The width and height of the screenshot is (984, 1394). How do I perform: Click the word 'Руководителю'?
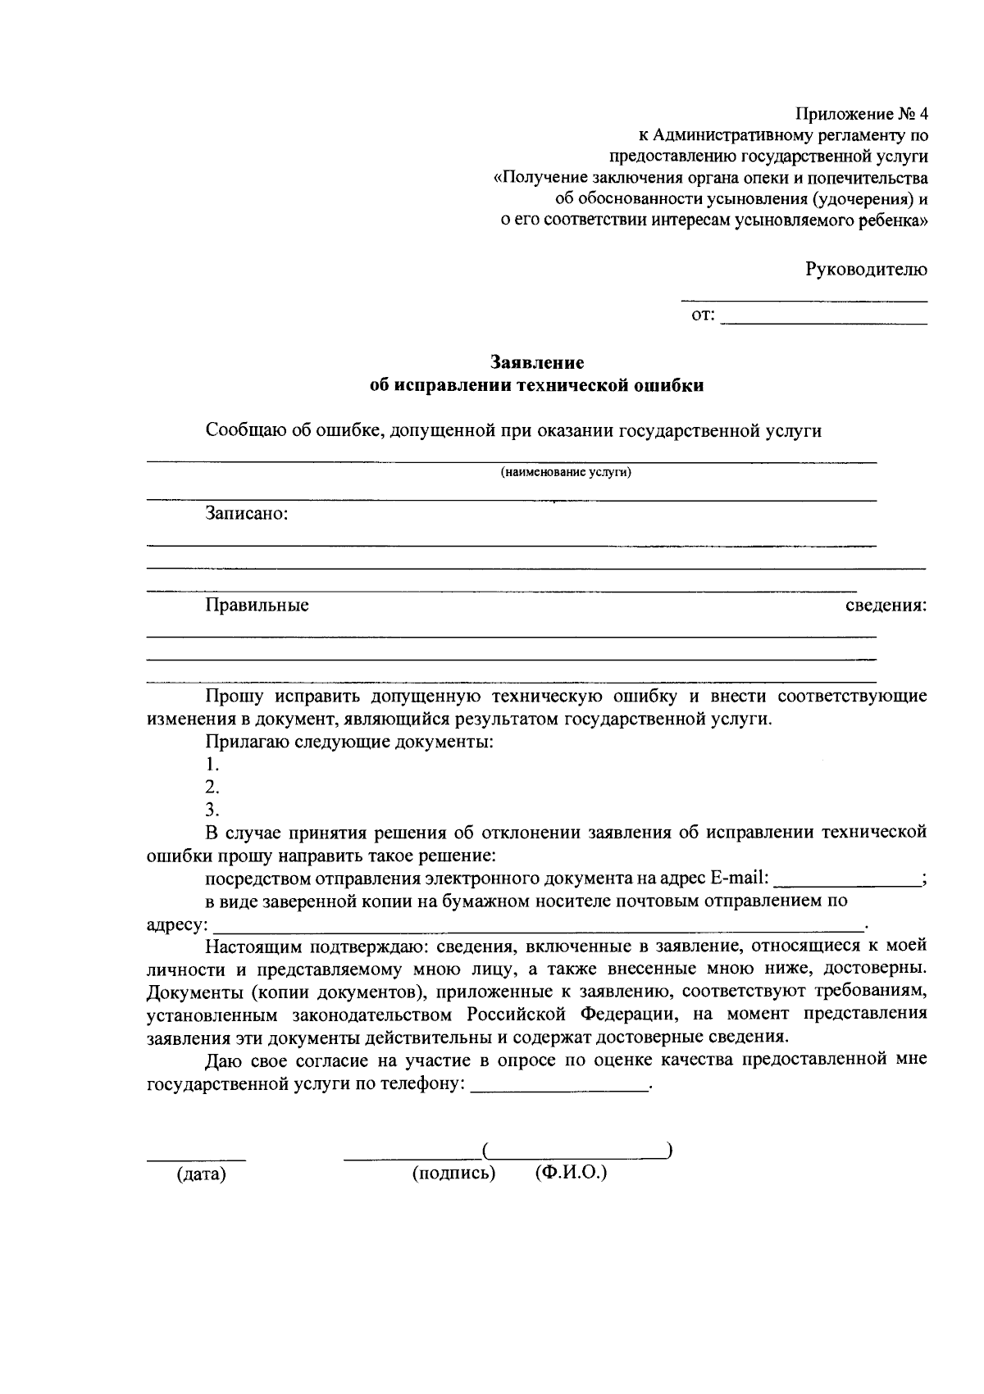click(866, 269)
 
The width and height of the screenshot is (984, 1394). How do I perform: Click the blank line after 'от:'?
click(824, 321)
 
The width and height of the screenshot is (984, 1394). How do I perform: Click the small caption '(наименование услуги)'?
click(566, 473)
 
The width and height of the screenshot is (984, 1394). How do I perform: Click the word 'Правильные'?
click(257, 606)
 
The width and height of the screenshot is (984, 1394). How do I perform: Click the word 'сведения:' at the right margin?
click(886, 606)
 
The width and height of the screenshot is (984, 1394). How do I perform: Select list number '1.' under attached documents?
click(212, 765)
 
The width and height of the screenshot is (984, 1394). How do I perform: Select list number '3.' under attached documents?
click(212, 811)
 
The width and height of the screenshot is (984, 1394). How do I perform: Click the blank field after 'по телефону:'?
click(560, 1086)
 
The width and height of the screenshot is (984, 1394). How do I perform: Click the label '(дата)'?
click(201, 1174)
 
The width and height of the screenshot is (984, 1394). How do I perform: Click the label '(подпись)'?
click(454, 1174)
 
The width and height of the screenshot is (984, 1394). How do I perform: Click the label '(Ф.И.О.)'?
click(571, 1173)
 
